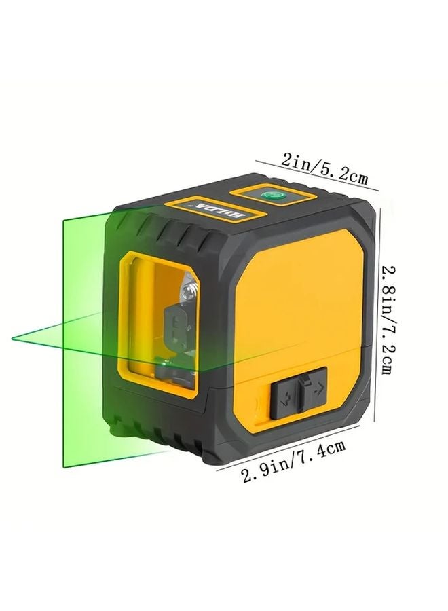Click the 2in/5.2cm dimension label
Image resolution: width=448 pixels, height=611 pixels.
[x=324, y=170]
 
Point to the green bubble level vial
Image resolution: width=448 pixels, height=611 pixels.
[x=274, y=195]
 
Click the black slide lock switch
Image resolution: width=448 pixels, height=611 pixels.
[x=299, y=392]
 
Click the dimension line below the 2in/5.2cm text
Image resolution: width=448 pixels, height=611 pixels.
[x=319, y=185]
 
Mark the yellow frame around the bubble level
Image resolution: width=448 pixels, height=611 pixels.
[x=274, y=196]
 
